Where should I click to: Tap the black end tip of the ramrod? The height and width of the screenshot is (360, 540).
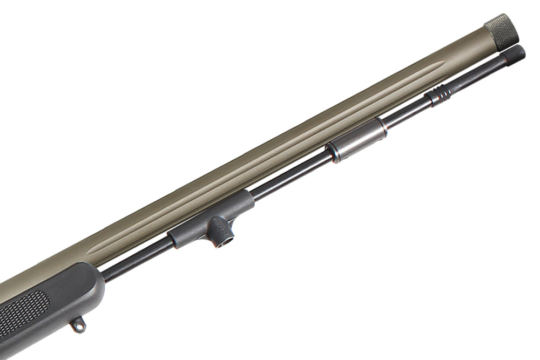tap(514, 56)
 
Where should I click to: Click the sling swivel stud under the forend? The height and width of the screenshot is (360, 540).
tap(78, 325)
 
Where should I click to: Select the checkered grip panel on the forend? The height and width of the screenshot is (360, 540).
tap(22, 316)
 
